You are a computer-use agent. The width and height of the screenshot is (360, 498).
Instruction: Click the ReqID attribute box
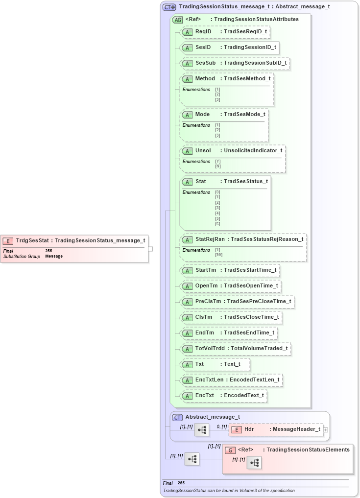point(225,32)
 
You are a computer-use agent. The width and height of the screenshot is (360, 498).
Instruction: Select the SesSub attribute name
point(205,63)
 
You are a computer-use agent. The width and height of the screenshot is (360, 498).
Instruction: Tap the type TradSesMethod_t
point(247,79)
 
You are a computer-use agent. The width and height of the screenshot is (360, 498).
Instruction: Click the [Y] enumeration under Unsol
point(217,162)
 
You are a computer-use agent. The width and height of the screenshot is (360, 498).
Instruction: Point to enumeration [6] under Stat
point(217,224)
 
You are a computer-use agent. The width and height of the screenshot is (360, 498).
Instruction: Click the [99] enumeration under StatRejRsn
point(218,255)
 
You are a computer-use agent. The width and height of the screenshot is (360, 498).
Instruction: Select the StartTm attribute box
point(230,270)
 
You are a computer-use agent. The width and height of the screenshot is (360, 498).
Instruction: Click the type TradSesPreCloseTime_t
point(259,302)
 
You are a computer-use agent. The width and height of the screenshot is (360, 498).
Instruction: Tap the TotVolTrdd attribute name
point(210,349)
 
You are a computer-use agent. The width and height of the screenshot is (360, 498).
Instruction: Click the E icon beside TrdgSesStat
point(8,241)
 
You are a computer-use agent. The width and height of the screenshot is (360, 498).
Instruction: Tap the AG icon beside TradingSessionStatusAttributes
point(177,20)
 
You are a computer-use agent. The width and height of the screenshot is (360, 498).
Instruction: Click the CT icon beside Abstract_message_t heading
point(178,417)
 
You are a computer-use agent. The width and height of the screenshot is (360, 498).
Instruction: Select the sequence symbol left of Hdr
point(202,430)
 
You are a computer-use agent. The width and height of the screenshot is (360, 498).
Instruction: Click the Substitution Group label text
point(22,257)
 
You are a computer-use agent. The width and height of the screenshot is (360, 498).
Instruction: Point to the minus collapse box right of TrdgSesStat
point(151,249)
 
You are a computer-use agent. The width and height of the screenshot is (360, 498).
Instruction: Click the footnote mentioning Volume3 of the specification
point(229,491)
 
